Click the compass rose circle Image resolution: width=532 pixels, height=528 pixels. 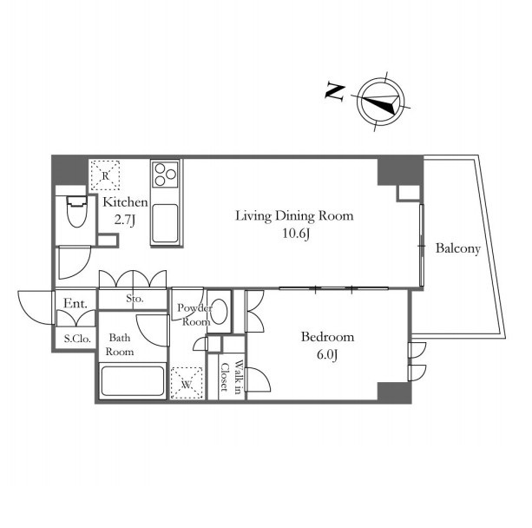(381, 80)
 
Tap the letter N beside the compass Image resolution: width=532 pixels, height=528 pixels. (335, 91)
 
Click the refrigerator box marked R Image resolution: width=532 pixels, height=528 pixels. (105, 175)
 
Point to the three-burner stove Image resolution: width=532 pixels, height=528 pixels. (165, 175)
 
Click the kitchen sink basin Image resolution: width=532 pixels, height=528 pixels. (165, 223)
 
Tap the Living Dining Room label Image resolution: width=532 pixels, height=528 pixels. (294, 216)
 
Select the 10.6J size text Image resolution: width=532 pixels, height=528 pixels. (296, 234)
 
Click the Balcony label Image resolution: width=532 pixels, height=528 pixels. (458, 248)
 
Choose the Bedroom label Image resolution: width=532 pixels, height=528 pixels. (327, 337)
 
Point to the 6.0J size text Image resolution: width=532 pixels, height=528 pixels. (327, 355)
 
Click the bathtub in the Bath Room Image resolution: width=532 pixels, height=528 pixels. (133, 380)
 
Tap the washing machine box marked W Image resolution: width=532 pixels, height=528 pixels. (187, 383)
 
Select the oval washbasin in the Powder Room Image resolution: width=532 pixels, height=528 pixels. (220, 311)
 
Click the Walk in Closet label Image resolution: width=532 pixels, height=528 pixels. (232, 377)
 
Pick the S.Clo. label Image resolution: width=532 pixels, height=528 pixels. (77, 339)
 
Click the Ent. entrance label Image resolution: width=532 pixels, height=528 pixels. (76, 304)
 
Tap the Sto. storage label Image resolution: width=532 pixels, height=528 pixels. (135, 299)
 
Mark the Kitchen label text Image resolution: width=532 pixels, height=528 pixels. (125, 202)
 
